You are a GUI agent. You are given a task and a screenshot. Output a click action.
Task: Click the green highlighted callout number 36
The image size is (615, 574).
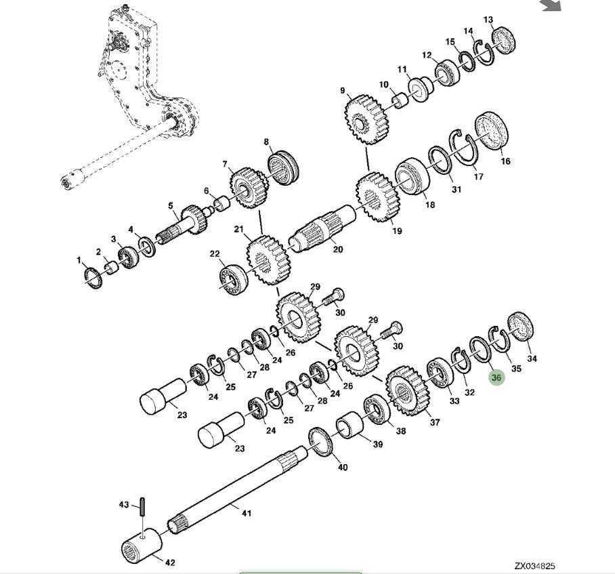coord(496,377)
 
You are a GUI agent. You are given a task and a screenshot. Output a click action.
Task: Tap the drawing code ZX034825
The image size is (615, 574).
coord(534,566)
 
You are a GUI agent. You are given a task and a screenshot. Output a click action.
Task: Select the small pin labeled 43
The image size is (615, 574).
coord(143,507)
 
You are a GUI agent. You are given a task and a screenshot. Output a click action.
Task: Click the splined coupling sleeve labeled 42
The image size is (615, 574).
coord(142,545)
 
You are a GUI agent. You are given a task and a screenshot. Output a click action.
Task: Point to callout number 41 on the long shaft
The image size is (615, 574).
coord(247,513)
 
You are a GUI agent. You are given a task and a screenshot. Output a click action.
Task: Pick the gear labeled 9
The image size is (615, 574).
coord(366,119)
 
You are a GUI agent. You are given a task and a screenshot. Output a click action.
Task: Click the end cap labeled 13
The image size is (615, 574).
coord(504,41)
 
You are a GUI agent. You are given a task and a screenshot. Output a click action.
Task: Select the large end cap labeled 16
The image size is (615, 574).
coord(491,131)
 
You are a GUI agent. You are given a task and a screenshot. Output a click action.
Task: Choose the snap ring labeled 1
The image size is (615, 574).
coord(93,279)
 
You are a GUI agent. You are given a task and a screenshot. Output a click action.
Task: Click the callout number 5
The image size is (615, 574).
coord(170,206)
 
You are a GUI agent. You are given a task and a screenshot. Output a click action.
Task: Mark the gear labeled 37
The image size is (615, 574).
coord(408,391)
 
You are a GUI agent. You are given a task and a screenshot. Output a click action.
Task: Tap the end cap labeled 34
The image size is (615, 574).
coord(520,327)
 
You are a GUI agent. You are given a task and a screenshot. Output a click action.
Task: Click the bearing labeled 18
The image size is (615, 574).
coord(412,176)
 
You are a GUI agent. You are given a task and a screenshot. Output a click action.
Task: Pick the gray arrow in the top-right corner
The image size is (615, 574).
coord(551,5)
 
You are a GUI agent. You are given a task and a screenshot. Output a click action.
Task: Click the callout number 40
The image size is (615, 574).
coord(343,468)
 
